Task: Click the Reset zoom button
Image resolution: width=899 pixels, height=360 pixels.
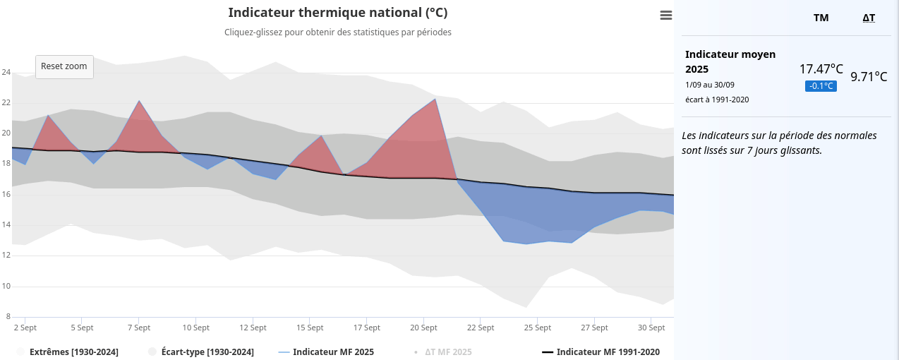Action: tap(64, 66)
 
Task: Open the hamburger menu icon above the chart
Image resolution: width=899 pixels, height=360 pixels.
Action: tap(665, 16)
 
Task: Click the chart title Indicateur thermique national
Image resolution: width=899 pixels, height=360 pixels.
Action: tap(337, 13)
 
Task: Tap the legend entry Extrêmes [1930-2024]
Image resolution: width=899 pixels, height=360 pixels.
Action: tap(73, 352)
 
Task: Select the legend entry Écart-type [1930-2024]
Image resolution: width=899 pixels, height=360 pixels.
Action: tap(207, 352)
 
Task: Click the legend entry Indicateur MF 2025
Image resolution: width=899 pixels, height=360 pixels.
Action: tap(333, 352)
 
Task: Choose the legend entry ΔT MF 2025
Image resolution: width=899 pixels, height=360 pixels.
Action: tap(447, 352)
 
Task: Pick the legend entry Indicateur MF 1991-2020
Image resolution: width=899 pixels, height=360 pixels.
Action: tap(608, 352)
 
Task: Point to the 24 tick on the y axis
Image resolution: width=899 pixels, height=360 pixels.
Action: tap(6, 72)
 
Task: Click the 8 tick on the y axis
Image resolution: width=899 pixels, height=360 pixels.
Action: tap(8, 316)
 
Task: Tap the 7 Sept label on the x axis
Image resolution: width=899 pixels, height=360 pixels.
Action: tap(139, 328)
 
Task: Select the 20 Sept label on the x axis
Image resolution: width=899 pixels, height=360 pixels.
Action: tap(423, 328)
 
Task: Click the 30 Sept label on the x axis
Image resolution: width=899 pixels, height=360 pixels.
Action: tap(651, 328)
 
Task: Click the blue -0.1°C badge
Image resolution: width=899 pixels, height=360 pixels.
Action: tap(821, 86)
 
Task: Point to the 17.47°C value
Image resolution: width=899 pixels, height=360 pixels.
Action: tap(821, 69)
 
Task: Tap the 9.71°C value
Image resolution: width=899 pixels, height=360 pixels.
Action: tap(868, 76)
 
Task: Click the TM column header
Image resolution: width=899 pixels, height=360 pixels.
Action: tap(821, 18)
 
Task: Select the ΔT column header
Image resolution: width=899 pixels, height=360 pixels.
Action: tap(869, 18)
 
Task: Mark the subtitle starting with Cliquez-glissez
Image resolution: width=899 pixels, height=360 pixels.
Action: tap(337, 32)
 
